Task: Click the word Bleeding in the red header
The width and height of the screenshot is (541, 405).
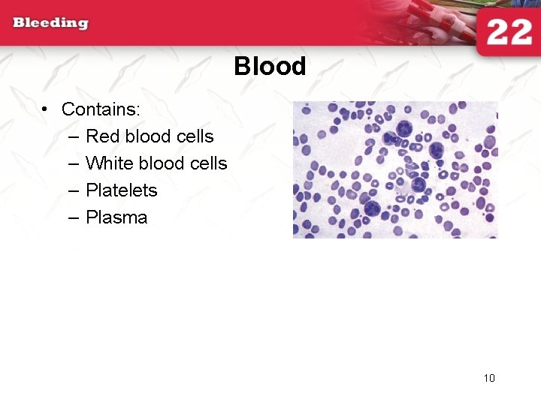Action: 50,22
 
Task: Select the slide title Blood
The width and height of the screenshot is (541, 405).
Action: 270,67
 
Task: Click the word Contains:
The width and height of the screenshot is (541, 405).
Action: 101,109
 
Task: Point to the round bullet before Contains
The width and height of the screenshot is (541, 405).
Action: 46,110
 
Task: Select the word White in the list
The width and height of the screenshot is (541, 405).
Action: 110,163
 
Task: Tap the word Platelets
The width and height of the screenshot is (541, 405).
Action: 122,190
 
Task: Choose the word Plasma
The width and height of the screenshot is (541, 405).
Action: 116,218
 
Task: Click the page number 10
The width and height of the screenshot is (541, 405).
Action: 489,378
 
